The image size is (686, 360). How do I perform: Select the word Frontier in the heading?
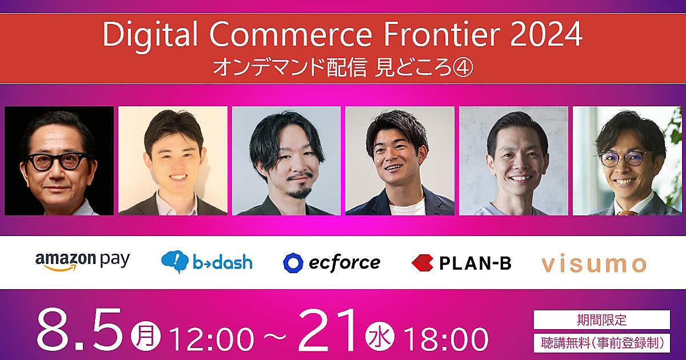tap(441, 34)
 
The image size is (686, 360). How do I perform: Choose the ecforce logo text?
tap(345, 263)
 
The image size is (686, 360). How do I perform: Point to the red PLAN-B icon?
tap(422, 263)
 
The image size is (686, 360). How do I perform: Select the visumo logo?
tap(594, 264)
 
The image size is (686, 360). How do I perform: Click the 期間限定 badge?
tap(602, 319)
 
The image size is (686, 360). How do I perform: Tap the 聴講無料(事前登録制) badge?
tap(602, 343)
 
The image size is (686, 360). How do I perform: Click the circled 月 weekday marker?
tap(146, 336)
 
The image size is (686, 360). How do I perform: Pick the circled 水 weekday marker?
tap(380, 336)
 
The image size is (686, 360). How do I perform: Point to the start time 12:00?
tap(212, 339)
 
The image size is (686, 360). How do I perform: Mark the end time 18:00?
tap(445, 339)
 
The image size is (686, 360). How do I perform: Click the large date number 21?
tap(328, 330)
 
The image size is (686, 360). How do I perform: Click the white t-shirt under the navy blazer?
tap(407, 207)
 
